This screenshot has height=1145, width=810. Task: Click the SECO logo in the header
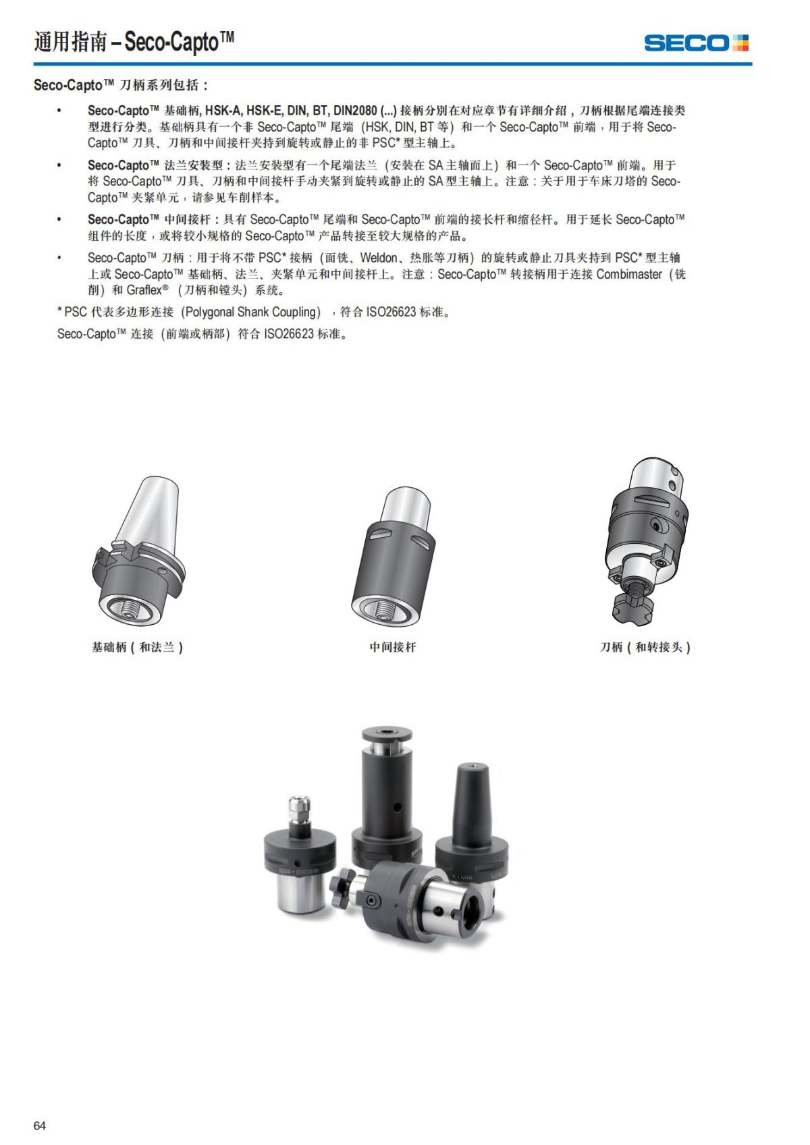[696, 43]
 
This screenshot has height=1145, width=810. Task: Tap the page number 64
[40, 1125]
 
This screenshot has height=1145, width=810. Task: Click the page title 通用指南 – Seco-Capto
[134, 43]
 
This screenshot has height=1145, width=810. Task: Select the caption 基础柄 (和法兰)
[138, 647]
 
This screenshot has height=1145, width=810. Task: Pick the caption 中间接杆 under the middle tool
[393, 647]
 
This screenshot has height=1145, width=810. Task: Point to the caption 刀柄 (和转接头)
[645, 647]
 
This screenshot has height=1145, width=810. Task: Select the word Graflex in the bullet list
[144, 290]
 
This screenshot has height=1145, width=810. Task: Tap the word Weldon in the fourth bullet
[378, 258]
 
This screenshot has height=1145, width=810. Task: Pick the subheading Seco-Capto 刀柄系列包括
[121, 85]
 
